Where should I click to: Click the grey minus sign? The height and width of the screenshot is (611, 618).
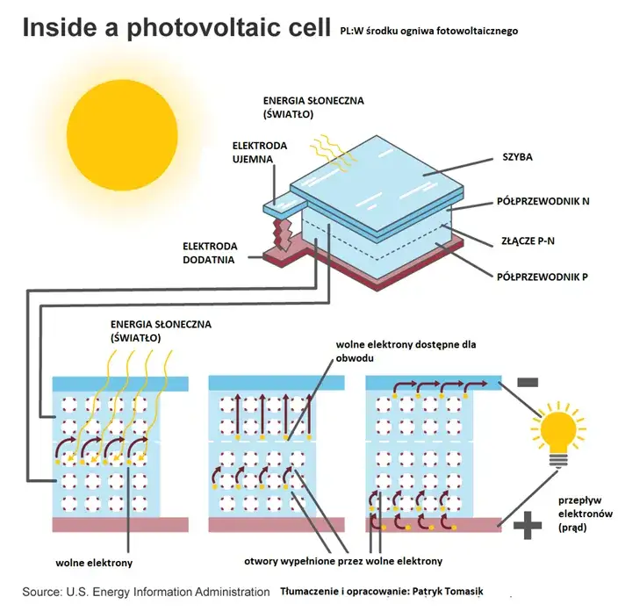point(527,383)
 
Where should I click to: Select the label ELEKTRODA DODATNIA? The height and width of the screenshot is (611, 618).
point(208,252)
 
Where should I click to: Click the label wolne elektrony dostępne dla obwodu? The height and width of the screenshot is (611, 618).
point(406,352)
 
